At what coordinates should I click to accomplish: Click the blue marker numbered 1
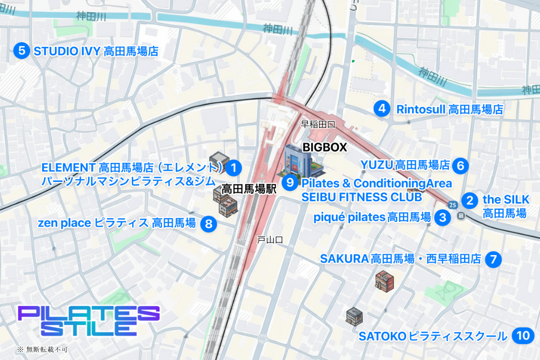[x=233, y=168]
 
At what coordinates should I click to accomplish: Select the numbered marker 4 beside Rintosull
[x=381, y=109]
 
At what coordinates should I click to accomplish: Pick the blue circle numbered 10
[x=523, y=336]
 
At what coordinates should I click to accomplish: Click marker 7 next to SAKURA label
[x=493, y=259]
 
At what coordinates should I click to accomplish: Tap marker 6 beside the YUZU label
[x=460, y=165]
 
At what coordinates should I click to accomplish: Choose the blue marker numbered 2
[x=469, y=200]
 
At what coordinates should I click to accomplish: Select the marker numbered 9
[x=290, y=183]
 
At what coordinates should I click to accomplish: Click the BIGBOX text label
[x=324, y=148]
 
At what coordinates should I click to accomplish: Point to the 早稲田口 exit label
[x=318, y=124]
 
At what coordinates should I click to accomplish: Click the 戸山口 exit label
[x=270, y=240]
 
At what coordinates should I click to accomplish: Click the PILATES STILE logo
[x=88, y=320]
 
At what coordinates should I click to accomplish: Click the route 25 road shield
[x=452, y=205]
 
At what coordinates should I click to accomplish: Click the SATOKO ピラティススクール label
[x=432, y=336]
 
